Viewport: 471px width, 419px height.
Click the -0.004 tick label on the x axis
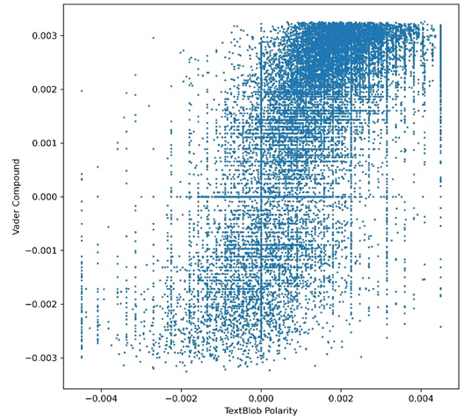[x=101, y=399]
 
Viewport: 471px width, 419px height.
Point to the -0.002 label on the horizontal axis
[x=181, y=399]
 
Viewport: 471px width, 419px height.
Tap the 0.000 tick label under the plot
[x=261, y=399]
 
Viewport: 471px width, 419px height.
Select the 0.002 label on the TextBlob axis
[x=341, y=399]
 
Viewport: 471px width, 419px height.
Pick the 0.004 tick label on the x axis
[x=421, y=399]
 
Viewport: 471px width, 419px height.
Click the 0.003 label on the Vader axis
[x=44, y=36]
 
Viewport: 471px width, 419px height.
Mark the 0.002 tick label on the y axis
[x=44, y=90]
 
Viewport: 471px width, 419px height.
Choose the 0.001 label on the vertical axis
[x=44, y=143]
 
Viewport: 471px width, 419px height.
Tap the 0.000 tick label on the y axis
[x=44, y=197]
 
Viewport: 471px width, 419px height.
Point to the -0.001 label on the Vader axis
[x=40, y=250]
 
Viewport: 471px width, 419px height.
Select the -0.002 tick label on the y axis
[x=40, y=304]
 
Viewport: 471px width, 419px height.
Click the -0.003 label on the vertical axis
[x=40, y=358]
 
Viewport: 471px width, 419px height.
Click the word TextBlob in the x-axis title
[x=243, y=410]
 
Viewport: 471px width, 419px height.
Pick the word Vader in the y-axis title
[x=16, y=224]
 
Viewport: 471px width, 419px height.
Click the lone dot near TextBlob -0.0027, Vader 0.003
[x=153, y=38]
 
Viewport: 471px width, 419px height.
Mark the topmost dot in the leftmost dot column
[x=82, y=90]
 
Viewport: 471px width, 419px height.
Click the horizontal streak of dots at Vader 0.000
[x=265, y=197]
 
